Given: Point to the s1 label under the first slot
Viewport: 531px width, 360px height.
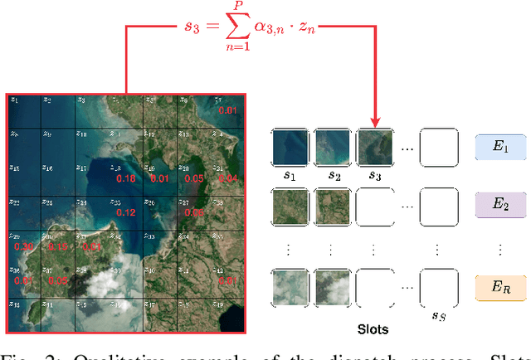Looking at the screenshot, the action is tap(289, 177).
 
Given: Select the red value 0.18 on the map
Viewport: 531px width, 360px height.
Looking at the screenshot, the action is tap(126, 178).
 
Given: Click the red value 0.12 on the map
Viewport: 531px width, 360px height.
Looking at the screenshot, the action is tap(125, 212).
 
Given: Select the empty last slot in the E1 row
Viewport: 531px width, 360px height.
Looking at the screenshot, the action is tap(438, 148).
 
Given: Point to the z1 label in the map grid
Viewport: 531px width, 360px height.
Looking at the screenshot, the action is tap(14, 100).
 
